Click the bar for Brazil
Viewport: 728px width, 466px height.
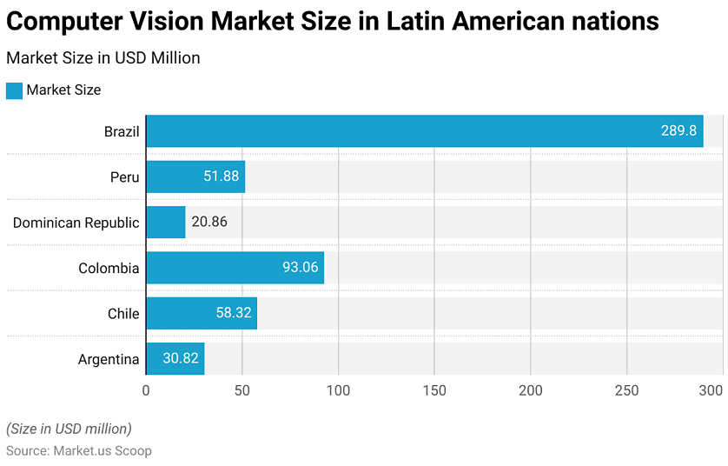(424, 131)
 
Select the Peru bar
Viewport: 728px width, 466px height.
(195, 176)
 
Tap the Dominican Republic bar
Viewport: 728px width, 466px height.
(165, 222)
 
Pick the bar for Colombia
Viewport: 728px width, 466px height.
(235, 268)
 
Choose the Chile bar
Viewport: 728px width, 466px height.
(202, 313)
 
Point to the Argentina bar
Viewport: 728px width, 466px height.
(175, 358)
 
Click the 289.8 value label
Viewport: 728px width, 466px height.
(678, 131)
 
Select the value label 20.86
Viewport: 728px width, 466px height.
(209, 222)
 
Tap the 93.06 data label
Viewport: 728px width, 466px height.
(301, 268)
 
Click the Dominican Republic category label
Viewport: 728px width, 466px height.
(76, 223)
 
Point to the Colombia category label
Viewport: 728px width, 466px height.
(109, 268)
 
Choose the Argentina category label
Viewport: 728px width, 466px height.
(109, 359)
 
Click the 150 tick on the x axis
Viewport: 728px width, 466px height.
(434, 390)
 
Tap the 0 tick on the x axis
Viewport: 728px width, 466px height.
(146, 390)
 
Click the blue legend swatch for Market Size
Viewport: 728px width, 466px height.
(14, 90)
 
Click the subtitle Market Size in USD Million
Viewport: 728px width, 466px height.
(103, 58)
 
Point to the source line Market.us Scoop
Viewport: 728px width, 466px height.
(79, 450)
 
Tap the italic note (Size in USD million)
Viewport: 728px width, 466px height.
(69, 428)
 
